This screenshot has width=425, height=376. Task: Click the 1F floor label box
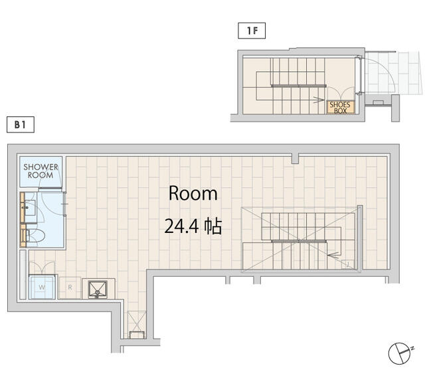point(252,31)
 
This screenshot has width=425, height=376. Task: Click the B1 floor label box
point(21,124)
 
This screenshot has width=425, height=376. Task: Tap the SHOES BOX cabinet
point(340,107)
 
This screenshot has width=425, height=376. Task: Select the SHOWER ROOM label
point(41,171)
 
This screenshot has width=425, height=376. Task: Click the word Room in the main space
point(193,194)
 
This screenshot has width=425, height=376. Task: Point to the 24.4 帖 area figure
point(193,226)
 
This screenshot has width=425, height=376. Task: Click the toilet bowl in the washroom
point(35,236)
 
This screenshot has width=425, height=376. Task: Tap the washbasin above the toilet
point(30,208)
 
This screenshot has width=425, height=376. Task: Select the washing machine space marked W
point(42,287)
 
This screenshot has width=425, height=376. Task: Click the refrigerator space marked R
point(70,287)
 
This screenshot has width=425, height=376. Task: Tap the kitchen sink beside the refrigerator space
point(98,289)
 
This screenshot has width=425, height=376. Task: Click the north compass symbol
point(400,353)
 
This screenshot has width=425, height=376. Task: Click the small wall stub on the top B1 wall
point(295,159)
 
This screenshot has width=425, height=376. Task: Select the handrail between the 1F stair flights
point(298,86)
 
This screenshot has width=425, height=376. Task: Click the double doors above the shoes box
point(341,93)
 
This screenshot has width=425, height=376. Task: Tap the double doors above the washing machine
point(42,268)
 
